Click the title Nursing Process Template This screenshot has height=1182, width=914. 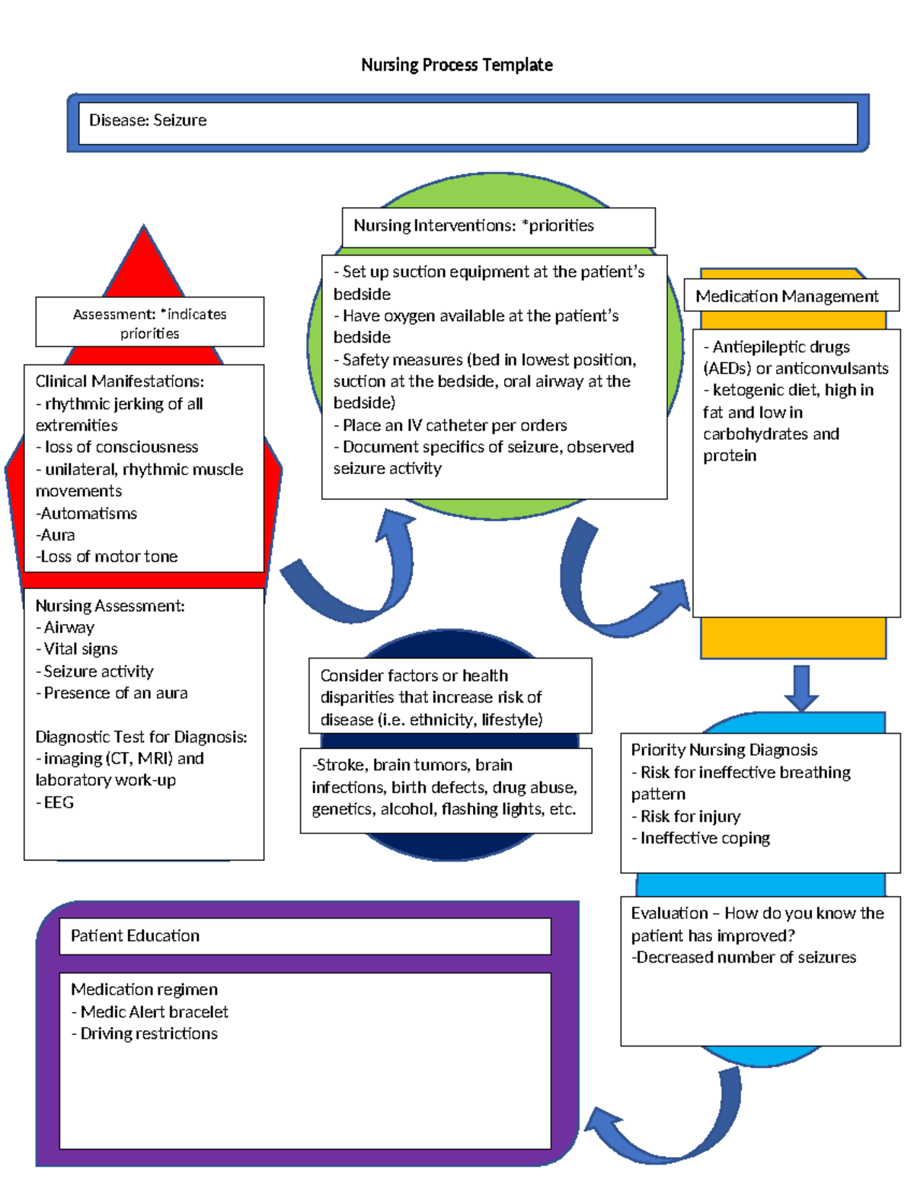point(457,65)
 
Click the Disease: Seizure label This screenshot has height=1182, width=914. point(148,120)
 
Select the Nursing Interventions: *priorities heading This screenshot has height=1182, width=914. point(473,226)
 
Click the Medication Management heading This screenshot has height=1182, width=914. point(786,297)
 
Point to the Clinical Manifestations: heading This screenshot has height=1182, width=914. point(120,381)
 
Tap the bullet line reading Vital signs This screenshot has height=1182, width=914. point(80,649)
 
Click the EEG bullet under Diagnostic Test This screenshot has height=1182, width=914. point(58,803)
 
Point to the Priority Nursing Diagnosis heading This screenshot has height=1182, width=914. point(724,750)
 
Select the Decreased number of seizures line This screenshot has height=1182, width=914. point(745,957)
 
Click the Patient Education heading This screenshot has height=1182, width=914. point(135,936)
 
